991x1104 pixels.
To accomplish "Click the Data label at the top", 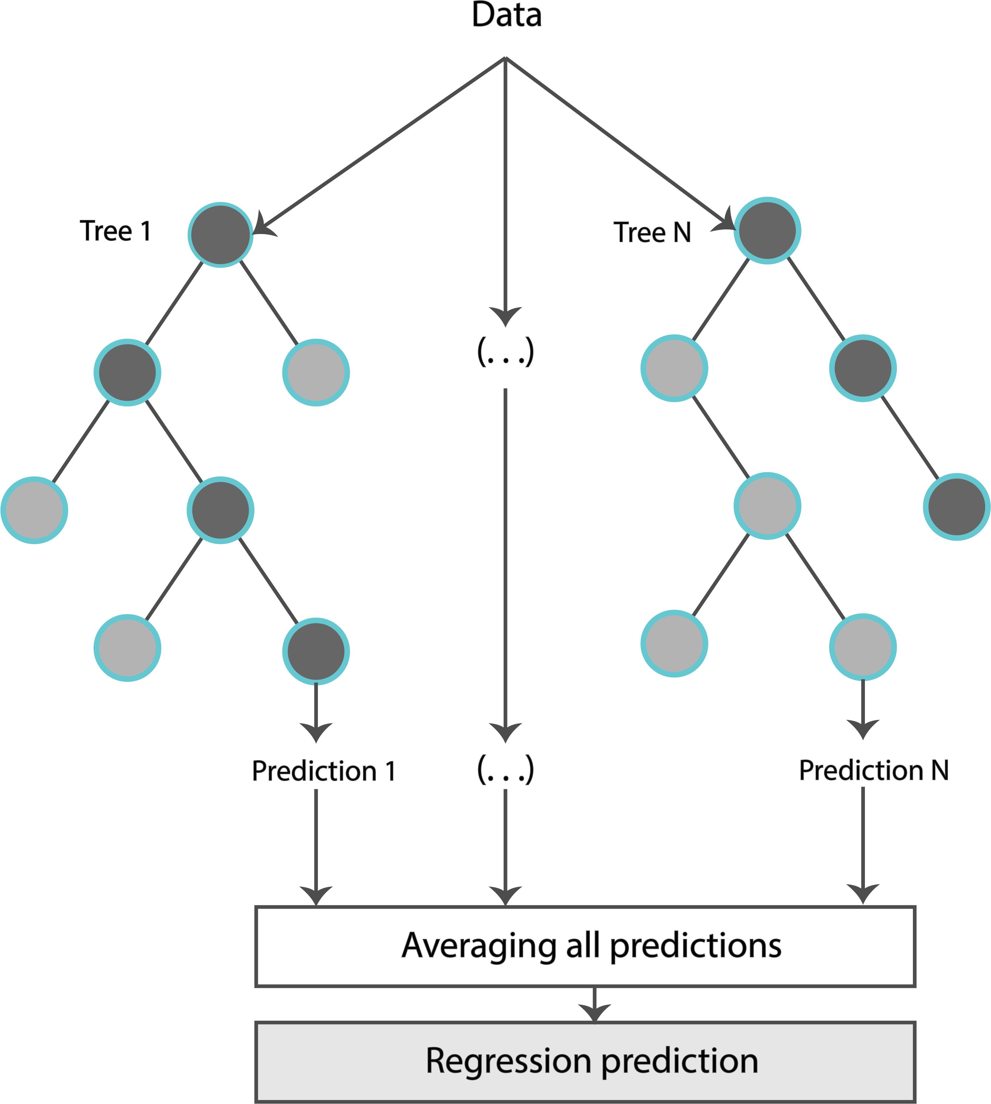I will coord(506,15).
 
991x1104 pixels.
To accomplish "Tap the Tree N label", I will coord(652,232).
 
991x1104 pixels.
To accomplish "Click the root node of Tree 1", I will coord(221,235).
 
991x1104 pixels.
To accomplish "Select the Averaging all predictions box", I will coord(585,946).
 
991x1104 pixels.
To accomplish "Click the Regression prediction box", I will coord(585,1062).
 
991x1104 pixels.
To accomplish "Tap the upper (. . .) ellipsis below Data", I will coord(505,352).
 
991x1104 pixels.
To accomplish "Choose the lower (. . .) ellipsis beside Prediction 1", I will coord(505,770).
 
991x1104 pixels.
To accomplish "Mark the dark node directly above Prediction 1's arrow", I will coord(316,651).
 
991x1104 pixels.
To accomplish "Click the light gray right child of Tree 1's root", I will coord(316,372).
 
